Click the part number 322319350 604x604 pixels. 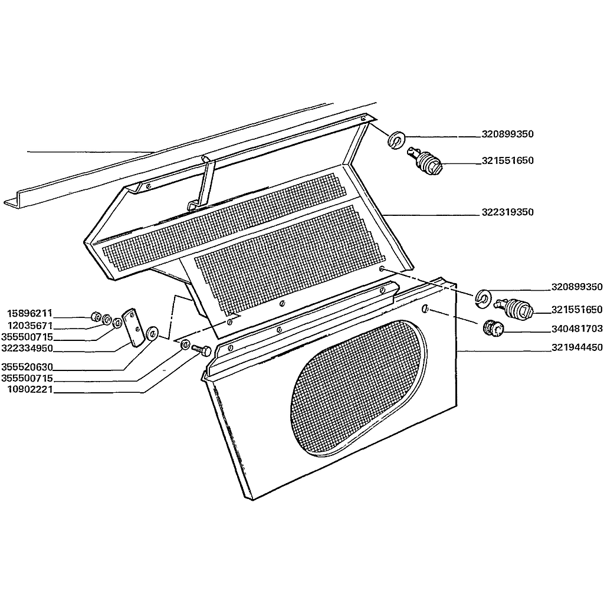pyautogui.click(x=507, y=212)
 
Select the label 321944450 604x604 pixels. pyautogui.click(x=577, y=347)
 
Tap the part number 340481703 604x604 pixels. pyautogui.click(x=577, y=329)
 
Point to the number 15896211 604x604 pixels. pyautogui.click(x=29, y=313)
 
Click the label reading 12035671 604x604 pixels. pyautogui.click(x=29, y=326)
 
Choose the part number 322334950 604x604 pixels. pyautogui.click(x=27, y=349)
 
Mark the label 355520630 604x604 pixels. pyautogui.click(x=27, y=366)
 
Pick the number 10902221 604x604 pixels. pyautogui.click(x=29, y=390)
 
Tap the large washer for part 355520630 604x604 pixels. pyautogui.click(x=152, y=333)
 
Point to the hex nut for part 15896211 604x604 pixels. pyautogui.click(x=95, y=317)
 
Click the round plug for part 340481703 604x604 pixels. pyautogui.click(x=493, y=328)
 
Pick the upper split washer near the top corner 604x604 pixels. pyautogui.click(x=396, y=139)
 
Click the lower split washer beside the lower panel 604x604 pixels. pyautogui.click(x=482, y=298)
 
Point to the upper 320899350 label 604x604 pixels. pyautogui.click(x=507, y=134)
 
